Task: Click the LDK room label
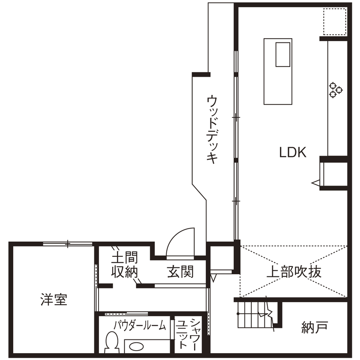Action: click(x=293, y=152)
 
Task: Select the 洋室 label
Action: click(x=54, y=299)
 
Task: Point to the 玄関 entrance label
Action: click(x=180, y=271)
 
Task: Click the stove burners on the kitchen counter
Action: click(x=336, y=89)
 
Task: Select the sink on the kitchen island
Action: click(x=283, y=54)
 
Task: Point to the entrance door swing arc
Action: click(x=180, y=242)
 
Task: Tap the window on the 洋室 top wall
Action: click(x=68, y=244)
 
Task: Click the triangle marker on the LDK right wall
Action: click(x=316, y=183)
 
